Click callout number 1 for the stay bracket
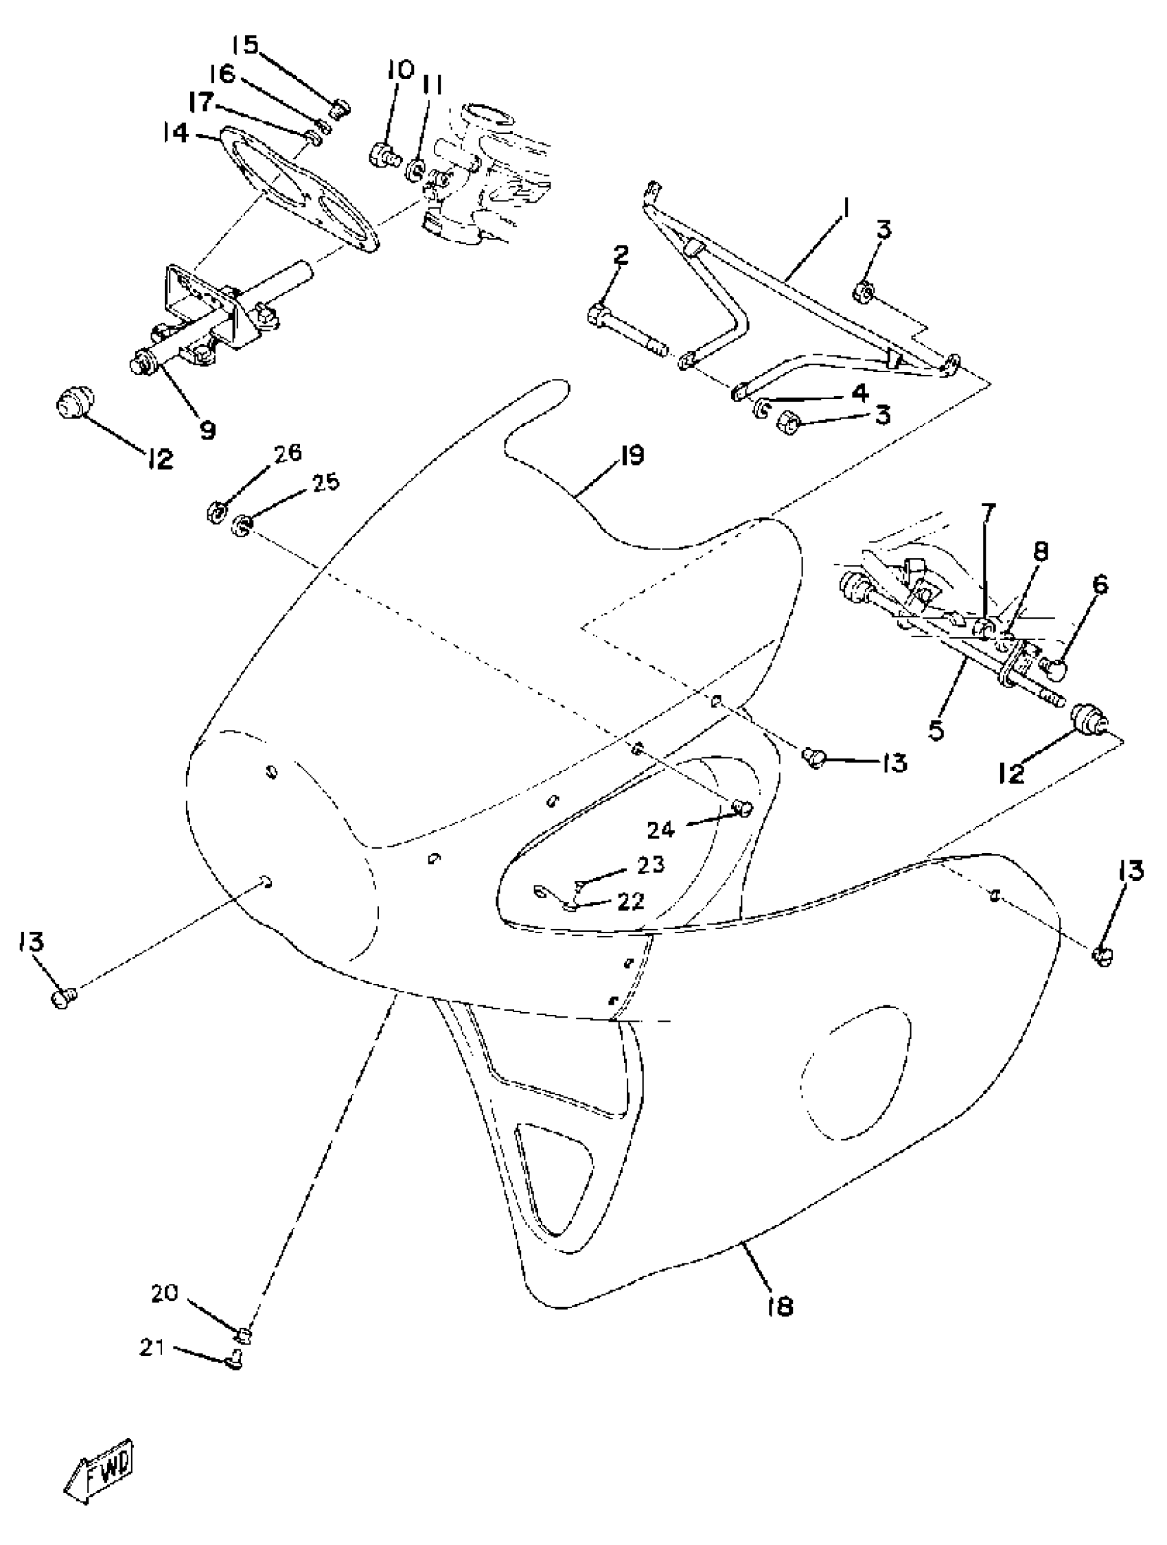pyautogui.click(x=844, y=207)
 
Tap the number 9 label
pyautogui.click(x=207, y=430)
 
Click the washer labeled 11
pyautogui.click(x=417, y=170)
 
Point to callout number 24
pyautogui.click(x=660, y=829)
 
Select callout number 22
pyautogui.click(x=630, y=901)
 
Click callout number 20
pyautogui.click(x=165, y=1294)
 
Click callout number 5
pyautogui.click(x=936, y=730)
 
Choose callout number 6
pyautogui.click(x=1100, y=584)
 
